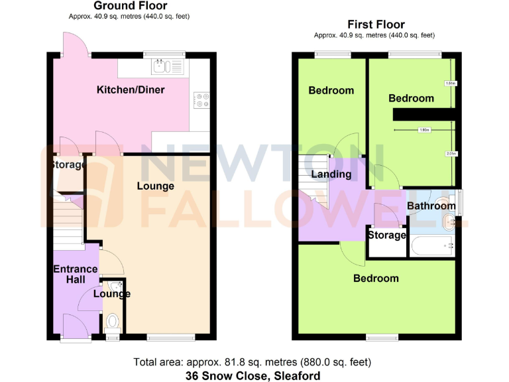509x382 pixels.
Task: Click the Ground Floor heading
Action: [130, 6]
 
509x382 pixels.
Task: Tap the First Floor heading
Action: [376, 25]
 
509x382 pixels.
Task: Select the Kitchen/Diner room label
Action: [131, 90]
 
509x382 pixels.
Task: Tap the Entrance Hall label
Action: [75, 275]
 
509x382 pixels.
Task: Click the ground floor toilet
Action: [113, 323]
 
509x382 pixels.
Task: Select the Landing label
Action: [332, 174]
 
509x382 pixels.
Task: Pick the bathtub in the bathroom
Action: [431, 247]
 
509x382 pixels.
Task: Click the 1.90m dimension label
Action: [424, 130]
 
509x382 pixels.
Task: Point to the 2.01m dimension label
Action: [451, 154]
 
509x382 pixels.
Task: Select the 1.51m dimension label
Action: [451, 84]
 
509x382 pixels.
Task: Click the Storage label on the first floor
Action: [386, 235]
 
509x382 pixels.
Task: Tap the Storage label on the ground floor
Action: [68, 164]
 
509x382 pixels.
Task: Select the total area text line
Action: [252, 362]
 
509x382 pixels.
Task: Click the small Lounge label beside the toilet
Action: [111, 294]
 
